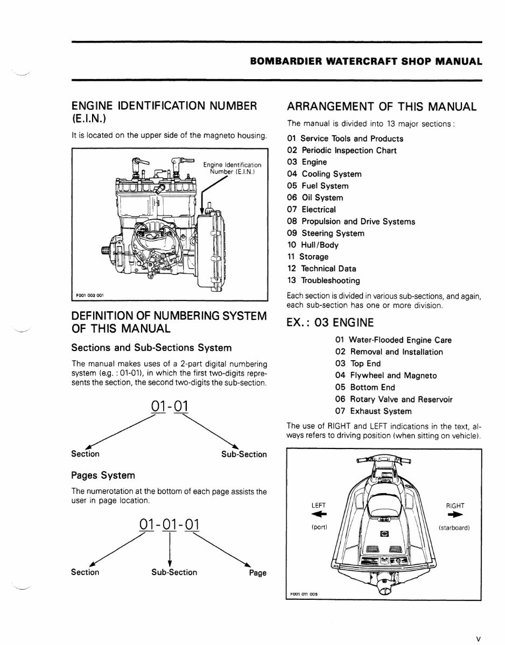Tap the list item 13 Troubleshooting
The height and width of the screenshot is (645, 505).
[x=324, y=281]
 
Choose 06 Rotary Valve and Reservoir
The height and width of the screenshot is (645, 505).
[x=394, y=399]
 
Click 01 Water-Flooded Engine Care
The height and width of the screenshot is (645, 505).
[x=393, y=340]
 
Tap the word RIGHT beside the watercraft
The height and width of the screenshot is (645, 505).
[x=455, y=506]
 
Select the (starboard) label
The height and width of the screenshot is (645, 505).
[x=455, y=528]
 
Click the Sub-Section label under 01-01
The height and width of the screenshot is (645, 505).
[x=244, y=454]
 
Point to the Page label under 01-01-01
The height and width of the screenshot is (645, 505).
[x=257, y=573]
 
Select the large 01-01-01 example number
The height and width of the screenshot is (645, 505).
[x=169, y=524]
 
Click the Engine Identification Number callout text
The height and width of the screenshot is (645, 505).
[x=232, y=168]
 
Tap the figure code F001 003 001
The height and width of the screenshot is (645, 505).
[x=90, y=295]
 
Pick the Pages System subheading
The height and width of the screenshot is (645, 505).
[x=103, y=476]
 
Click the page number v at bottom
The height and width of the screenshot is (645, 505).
[x=478, y=625]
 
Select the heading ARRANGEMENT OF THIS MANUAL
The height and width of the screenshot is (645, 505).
[x=382, y=106]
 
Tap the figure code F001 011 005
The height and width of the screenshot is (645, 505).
[x=304, y=594]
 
